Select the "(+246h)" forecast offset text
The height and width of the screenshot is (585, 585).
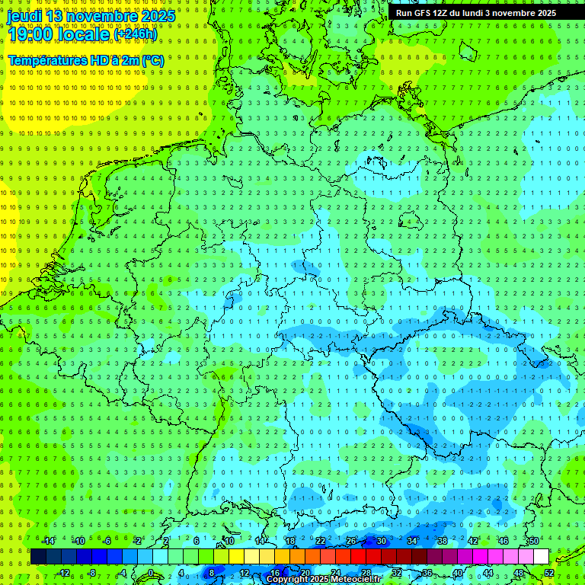coord(135,34)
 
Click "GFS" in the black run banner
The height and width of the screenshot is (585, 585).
coord(423,13)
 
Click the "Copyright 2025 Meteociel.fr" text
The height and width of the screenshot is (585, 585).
coord(324,580)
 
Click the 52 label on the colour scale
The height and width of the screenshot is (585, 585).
coord(548,573)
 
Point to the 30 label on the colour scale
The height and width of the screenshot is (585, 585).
coord(381,541)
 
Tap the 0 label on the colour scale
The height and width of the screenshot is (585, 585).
coord(150,573)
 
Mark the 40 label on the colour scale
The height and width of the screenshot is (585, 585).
coord(457,573)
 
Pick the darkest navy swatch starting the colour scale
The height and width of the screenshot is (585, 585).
coord(38,557)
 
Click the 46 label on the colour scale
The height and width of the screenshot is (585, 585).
coord(503,541)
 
